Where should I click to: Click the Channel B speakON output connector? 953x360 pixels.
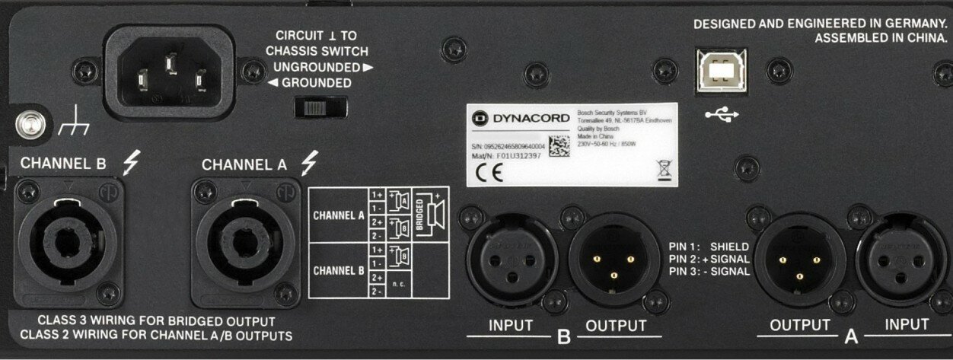pos(67,242)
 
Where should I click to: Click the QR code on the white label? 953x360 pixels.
pos(558,145)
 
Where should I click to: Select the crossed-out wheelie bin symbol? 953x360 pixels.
pos(664,167)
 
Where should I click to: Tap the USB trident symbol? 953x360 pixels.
pos(722,114)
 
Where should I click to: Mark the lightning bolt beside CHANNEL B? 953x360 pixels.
pos(131,161)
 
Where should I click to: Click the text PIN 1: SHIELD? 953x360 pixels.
pos(709,247)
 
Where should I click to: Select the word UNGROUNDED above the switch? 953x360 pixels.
pos(312,67)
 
